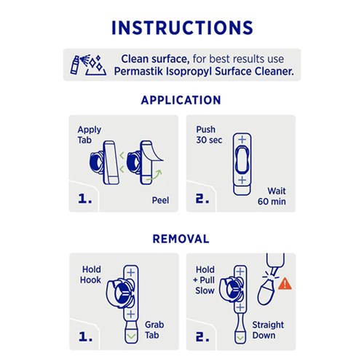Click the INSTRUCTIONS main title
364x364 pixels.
[x=182, y=27]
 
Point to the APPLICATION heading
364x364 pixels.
[x=182, y=100]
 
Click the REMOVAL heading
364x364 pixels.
[x=182, y=238]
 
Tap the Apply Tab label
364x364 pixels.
[x=90, y=135]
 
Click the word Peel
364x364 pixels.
[x=161, y=200]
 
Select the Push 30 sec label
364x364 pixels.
[x=210, y=135]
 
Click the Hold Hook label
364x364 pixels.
[x=92, y=274]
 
